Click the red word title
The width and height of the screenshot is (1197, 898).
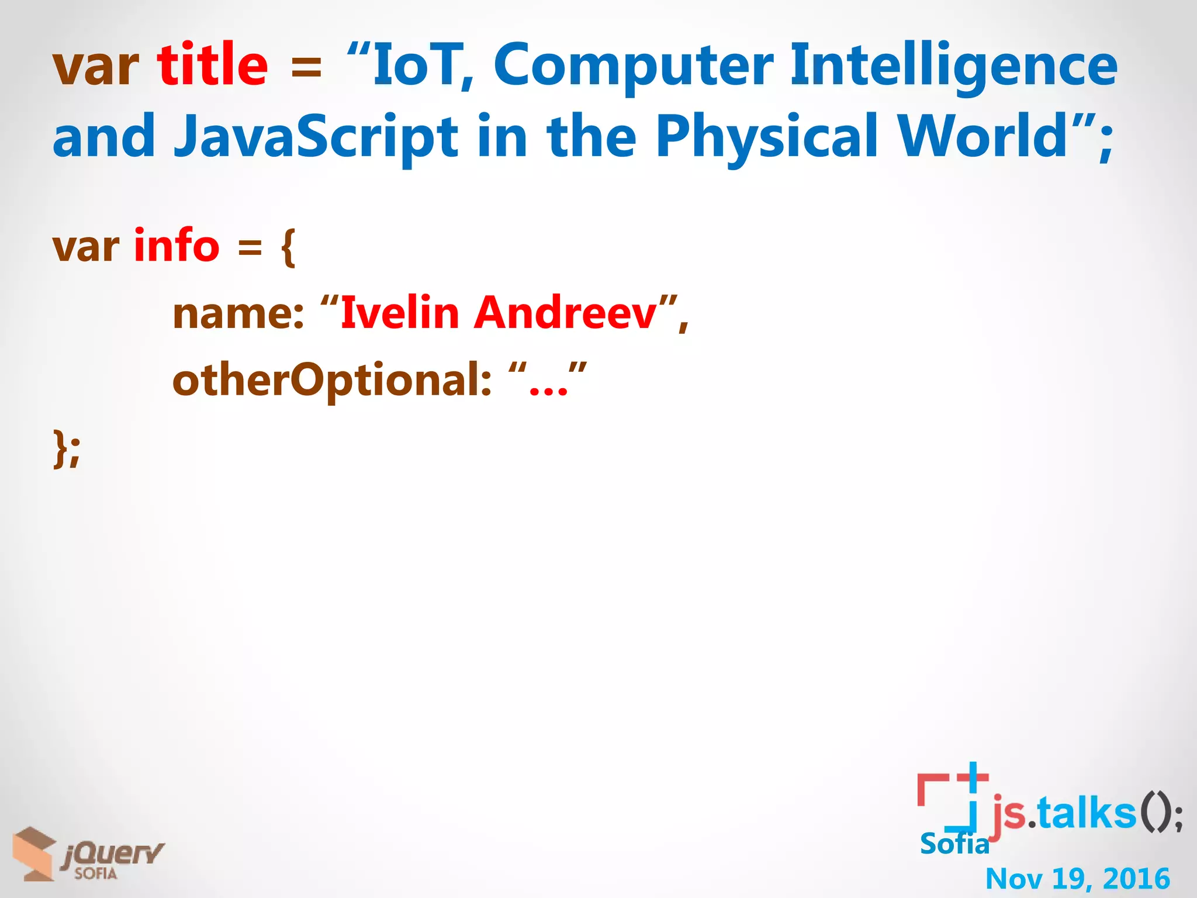pos(212,65)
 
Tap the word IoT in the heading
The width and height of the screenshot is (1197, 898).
pos(417,65)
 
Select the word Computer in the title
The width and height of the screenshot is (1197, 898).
pos(634,65)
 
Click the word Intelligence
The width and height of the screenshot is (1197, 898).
pos(954,65)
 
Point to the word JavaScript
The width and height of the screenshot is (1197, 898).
pos(316,138)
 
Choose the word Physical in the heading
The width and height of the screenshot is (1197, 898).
pos(767,138)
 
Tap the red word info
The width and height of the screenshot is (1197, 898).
pos(177,246)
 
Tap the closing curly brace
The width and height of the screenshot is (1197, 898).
pos(60,448)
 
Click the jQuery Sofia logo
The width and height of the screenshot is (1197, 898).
pos(88,854)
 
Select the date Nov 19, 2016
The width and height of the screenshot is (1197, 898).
pos(1077,878)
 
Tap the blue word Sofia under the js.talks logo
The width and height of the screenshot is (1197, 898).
pos(954,844)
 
